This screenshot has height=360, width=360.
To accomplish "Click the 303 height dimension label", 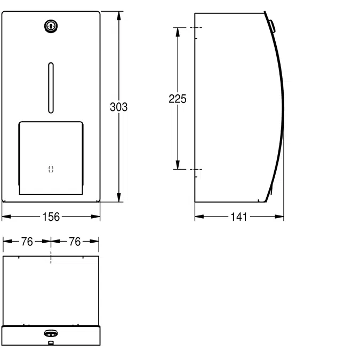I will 118,107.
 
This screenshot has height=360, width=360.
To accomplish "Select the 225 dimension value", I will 178,99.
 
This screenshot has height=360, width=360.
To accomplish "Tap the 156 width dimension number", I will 51,217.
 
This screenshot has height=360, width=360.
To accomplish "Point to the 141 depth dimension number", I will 239,217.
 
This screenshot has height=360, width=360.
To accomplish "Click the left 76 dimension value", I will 27,242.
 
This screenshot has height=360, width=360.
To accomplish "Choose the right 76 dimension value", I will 75,242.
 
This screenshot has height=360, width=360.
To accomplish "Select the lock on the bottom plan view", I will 51,333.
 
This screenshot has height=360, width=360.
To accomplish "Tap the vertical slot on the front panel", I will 51,88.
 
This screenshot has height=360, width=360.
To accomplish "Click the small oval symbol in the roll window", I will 51,169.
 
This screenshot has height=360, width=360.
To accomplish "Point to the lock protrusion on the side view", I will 272,25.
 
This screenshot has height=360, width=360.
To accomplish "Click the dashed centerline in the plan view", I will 51,258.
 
